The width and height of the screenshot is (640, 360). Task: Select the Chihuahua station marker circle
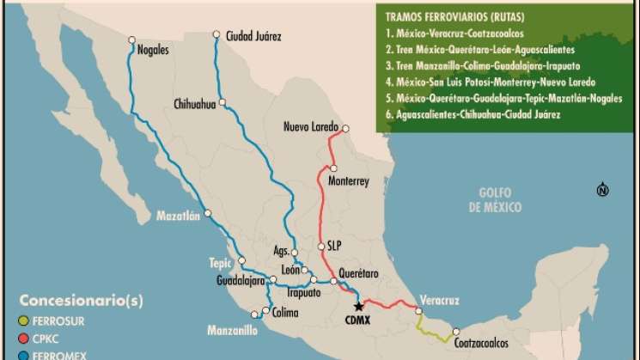point(222,102)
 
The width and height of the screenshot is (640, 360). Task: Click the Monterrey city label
point(348,181)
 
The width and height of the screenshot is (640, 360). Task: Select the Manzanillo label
point(232,329)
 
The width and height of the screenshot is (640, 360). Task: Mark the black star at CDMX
point(359,307)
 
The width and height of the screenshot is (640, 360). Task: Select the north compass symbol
point(602,190)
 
